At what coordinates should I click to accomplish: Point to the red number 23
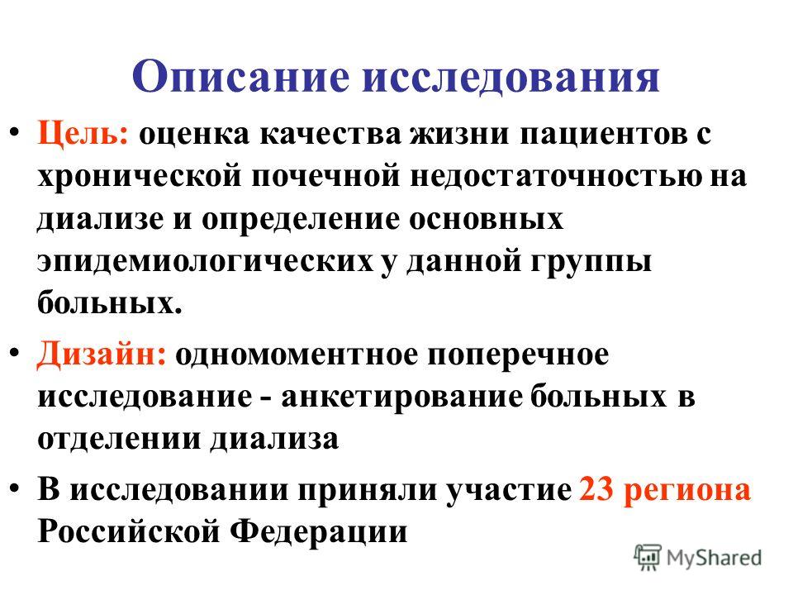tap(596, 490)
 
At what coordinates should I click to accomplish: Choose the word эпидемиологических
tap(205, 263)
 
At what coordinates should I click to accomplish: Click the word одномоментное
tap(297, 355)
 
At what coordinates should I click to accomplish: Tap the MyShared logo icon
tap(648, 558)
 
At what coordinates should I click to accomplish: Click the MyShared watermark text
tap(714, 558)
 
